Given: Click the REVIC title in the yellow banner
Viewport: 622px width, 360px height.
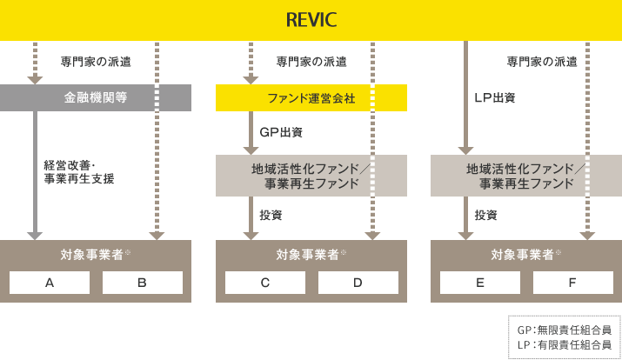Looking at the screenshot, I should coord(311,20).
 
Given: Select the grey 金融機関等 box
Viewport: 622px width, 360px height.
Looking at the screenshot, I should coord(96,97).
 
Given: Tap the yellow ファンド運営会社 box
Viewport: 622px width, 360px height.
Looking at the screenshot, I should coord(311,98).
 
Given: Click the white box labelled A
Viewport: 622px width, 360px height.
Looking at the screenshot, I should coord(50,283).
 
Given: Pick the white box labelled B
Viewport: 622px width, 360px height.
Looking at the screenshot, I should coord(142,283).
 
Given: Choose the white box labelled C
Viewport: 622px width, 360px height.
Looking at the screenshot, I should coord(264,283).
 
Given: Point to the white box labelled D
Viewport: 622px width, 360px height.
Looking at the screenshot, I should coord(358,283).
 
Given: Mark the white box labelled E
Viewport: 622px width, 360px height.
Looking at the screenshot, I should coord(479,283).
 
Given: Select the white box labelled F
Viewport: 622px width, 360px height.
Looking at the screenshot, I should coord(572,283).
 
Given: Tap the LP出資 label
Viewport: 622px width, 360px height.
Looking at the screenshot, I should coord(494,97).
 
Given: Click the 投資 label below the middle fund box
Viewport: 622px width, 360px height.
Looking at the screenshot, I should coord(271,215).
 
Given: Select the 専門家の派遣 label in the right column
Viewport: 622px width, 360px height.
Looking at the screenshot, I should coord(541,62).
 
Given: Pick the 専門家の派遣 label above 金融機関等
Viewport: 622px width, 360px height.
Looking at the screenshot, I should coord(95,62).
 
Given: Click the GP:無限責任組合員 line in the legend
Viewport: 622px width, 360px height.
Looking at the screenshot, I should coord(564,330).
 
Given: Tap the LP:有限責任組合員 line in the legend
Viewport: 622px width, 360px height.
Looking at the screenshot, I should coord(564,344).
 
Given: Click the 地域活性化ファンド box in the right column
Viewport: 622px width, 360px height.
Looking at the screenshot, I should coord(526,176).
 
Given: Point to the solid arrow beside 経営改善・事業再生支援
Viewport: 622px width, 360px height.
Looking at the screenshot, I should coord(35,174).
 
